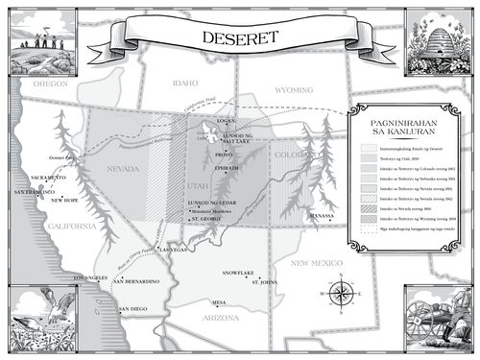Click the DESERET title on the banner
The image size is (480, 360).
tap(240, 38)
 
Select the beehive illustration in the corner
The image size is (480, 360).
tap(437, 38)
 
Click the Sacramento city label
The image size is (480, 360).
tap(48, 178)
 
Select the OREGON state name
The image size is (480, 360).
tap(48, 84)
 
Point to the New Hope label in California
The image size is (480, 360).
tap(64, 201)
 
